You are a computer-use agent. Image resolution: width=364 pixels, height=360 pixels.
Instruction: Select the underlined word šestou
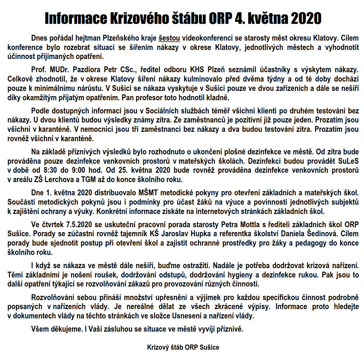[x=169, y=38]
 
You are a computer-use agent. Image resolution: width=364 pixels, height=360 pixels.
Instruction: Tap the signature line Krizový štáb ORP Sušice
[x=183, y=347]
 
